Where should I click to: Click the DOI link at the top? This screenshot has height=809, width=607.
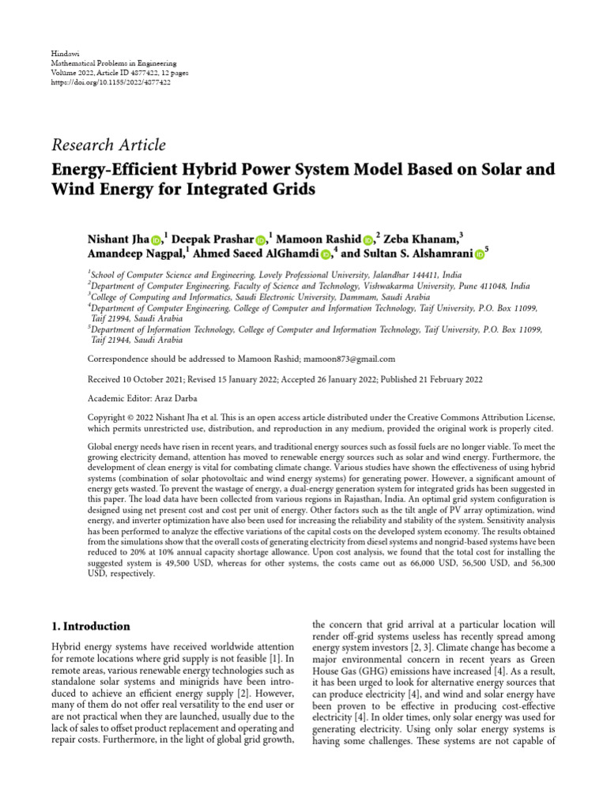coord(111,82)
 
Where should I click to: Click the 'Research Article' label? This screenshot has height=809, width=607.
coord(108,145)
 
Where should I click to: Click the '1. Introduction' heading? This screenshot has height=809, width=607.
coord(91,627)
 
